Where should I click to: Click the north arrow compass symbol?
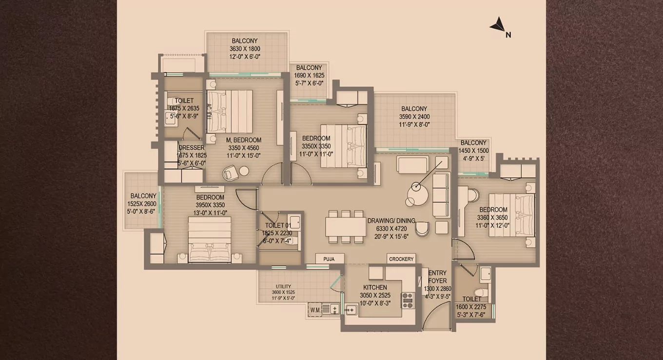498,25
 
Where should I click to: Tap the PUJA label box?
329,259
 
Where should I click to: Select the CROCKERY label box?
401,259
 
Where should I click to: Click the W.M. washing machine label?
315,309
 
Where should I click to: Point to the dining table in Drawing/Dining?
346,226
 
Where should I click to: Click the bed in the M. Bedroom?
230,111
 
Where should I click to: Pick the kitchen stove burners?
408,300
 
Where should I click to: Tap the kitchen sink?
351,309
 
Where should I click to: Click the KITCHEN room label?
375,287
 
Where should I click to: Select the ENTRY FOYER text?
437,277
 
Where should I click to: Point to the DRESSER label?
192,148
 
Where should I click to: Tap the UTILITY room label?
283,286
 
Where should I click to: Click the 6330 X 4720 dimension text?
391,228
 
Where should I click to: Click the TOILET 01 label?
277,225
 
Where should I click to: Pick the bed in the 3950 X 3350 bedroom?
210,240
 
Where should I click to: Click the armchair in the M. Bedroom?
230,173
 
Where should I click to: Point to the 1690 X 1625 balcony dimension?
309,76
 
